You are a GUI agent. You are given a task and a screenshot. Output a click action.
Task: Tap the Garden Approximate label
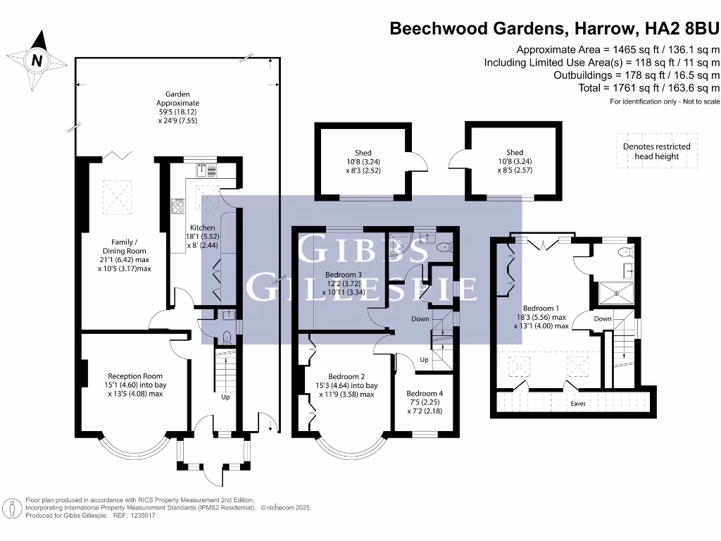(x=177, y=107)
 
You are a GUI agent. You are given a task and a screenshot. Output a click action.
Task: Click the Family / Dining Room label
(x=129, y=255)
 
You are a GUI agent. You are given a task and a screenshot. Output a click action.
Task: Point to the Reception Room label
(x=135, y=385)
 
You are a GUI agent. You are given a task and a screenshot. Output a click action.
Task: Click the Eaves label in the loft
(x=577, y=404)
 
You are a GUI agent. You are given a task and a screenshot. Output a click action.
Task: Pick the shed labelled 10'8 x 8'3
(x=363, y=161)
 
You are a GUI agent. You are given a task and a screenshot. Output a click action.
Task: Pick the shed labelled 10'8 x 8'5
(x=515, y=161)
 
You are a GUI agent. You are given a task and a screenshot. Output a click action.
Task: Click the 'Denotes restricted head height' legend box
(x=656, y=151)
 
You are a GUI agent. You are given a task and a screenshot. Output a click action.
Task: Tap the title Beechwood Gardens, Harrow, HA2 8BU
(x=555, y=29)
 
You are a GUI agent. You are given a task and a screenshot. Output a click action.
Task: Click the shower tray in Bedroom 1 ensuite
(x=617, y=292)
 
